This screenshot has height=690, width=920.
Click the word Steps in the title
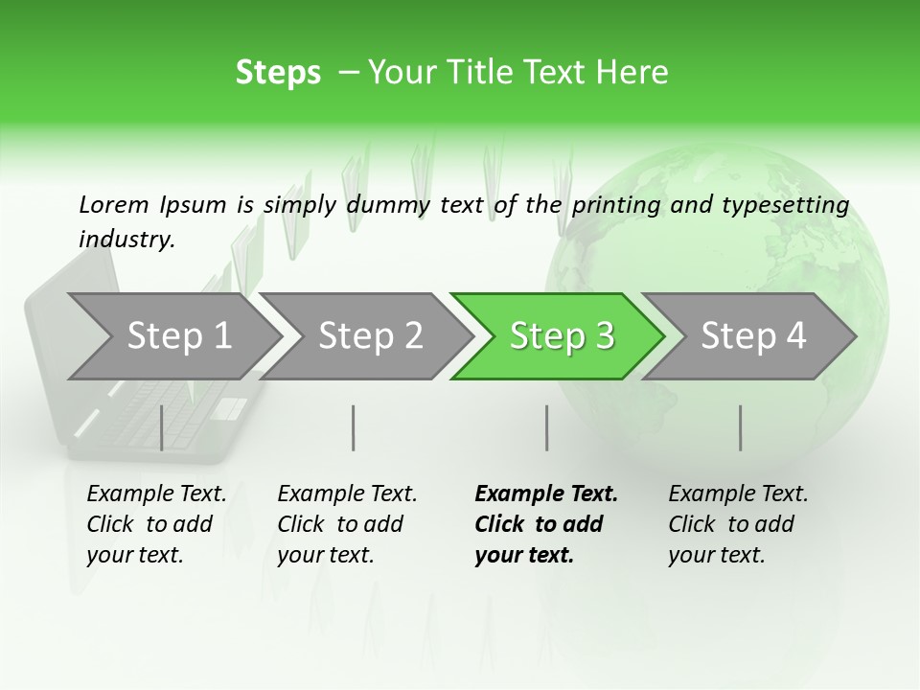click(278, 73)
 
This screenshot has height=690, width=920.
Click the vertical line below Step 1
click(162, 427)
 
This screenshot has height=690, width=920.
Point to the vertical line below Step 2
click(354, 427)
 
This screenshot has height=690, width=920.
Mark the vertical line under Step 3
click(547, 427)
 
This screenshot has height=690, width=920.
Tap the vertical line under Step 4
click(741, 427)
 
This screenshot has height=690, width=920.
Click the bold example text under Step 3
click(546, 524)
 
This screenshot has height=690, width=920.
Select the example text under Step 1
click(156, 524)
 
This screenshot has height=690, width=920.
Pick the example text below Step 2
click(347, 524)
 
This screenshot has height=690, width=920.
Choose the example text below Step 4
click(738, 524)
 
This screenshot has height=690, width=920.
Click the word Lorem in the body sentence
click(114, 204)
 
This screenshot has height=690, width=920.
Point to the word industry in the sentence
click(126, 239)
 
